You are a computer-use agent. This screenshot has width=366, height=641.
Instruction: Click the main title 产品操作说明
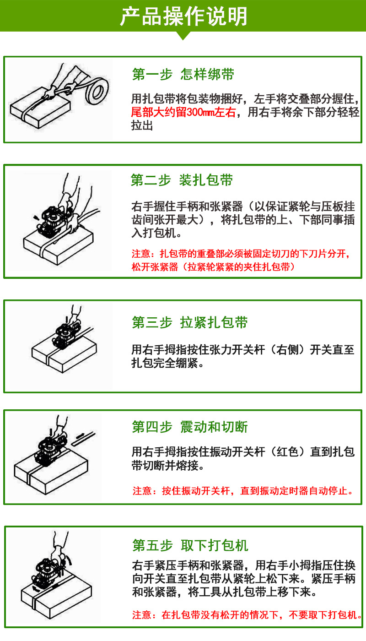(x=183, y=16)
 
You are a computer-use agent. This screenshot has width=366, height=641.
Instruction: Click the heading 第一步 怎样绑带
(x=183, y=74)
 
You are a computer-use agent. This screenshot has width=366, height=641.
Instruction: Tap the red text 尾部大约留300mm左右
(x=183, y=112)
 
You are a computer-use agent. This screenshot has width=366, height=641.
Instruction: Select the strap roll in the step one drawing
(x=97, y=90)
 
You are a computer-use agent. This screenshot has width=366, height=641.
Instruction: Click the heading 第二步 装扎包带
(x=182, y=180)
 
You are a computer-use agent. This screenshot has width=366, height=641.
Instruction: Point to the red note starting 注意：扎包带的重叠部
(x=241, y=260)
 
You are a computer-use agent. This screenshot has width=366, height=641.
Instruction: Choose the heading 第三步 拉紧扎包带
(x=189, y=322)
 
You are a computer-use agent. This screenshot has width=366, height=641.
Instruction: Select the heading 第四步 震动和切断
(x=189, y=427)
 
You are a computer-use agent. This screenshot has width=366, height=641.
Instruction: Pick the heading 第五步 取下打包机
(x=190, y=545)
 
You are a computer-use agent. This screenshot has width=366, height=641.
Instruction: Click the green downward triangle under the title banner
(x=183, y=36)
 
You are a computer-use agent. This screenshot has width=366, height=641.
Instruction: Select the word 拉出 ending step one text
(x=142, y=125)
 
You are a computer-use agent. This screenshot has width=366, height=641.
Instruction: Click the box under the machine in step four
(x=51, y=470)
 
